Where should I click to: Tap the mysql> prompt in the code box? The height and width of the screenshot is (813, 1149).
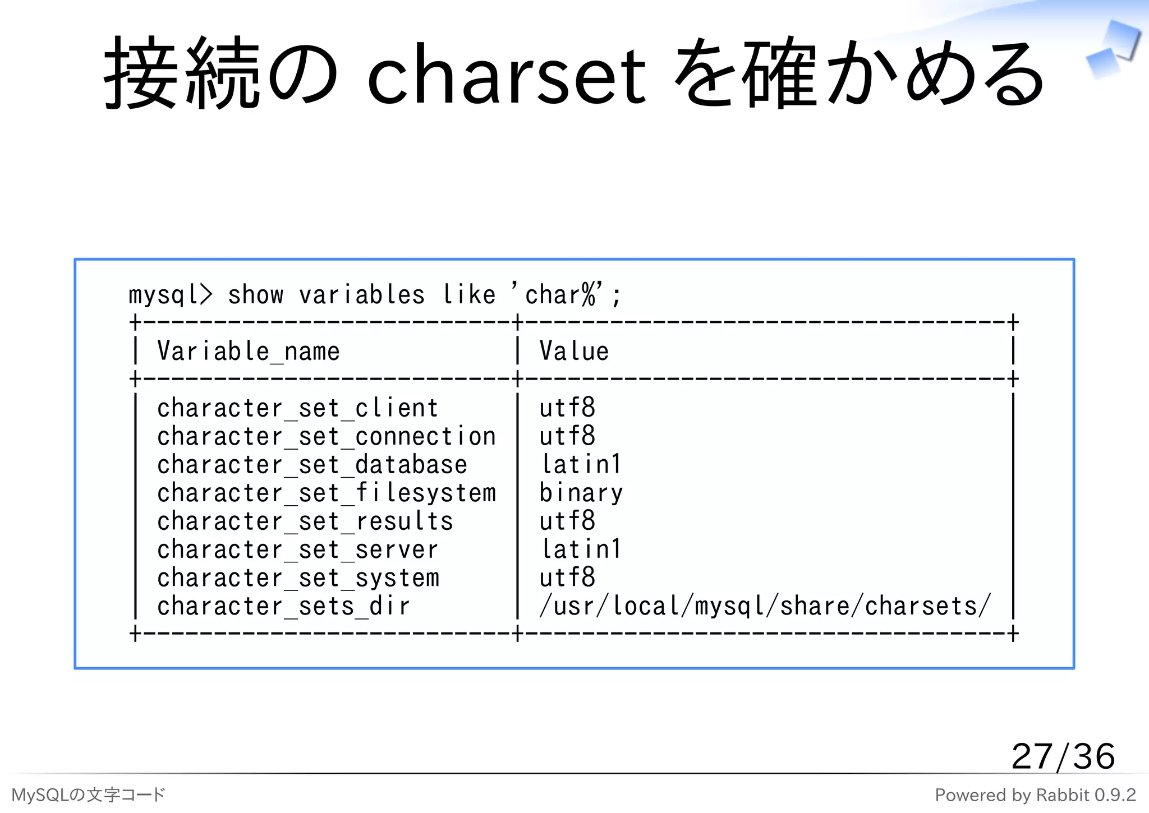pos(170,295)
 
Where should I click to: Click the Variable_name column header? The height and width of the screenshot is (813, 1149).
pos(249,352)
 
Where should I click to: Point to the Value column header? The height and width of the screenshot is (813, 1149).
pos(574,352)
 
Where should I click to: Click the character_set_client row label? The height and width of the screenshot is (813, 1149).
pos(297,408)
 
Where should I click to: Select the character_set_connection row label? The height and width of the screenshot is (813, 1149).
pos(327,437)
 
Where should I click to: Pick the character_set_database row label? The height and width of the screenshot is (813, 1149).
pos(312,465)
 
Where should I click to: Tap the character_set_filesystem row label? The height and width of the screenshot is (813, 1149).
pos(327,493)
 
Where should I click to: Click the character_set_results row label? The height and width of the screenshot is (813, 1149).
pos(305,521)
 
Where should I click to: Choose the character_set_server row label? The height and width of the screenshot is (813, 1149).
pos(297,550)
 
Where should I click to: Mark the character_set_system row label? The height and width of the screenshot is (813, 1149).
pos(298,578)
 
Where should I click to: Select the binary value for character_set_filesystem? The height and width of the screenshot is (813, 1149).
pos(581,493)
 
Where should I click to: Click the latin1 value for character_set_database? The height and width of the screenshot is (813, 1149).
pos(581,465)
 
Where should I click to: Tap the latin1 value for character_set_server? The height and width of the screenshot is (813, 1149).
pos(581,550)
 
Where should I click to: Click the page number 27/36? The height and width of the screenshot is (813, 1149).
pos(1063,757)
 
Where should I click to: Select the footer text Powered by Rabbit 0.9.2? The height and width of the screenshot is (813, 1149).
pos(1035,795)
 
